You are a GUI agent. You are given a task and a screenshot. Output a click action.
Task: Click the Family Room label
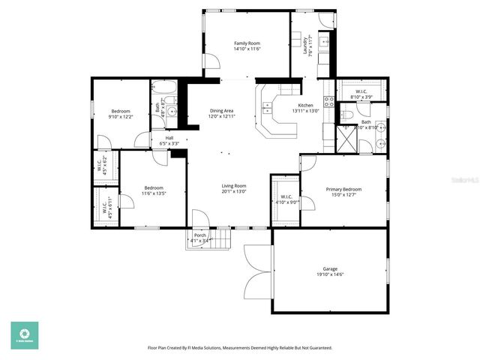(x=247, y=46)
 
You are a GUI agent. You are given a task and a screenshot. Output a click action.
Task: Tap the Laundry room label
(x=307, y=46)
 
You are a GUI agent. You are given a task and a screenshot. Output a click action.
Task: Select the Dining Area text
(x=222, y=114)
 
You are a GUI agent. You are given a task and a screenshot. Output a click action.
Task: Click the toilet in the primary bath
(x=346, y=115)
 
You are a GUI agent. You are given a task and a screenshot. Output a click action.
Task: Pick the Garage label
(x=330, y=271)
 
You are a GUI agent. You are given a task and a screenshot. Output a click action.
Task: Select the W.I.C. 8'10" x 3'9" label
(x=361, y=94)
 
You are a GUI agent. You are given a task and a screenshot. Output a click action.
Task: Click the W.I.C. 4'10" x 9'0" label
(x=286, y=199)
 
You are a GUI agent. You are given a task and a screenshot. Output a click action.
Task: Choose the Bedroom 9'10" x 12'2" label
(x=121, y=114)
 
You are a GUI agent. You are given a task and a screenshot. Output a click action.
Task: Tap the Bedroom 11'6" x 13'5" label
(x=154, y=190)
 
